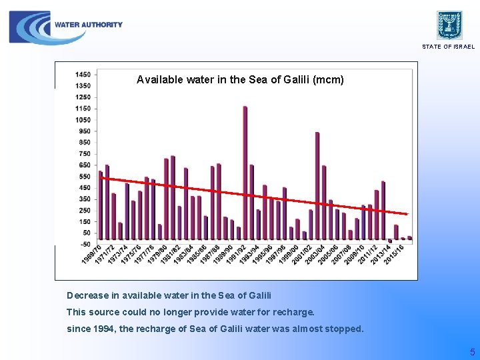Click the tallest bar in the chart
coord(245,173)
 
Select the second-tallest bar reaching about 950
coord(317,187)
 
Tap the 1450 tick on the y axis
coord(83,74)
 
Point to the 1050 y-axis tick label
coord(83,119)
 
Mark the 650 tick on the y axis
coord(84,165)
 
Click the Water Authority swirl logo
coord(31,28)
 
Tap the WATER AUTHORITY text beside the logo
coord(89,25)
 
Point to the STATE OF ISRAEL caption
coord(448,47)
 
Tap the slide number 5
coord(472,352)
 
